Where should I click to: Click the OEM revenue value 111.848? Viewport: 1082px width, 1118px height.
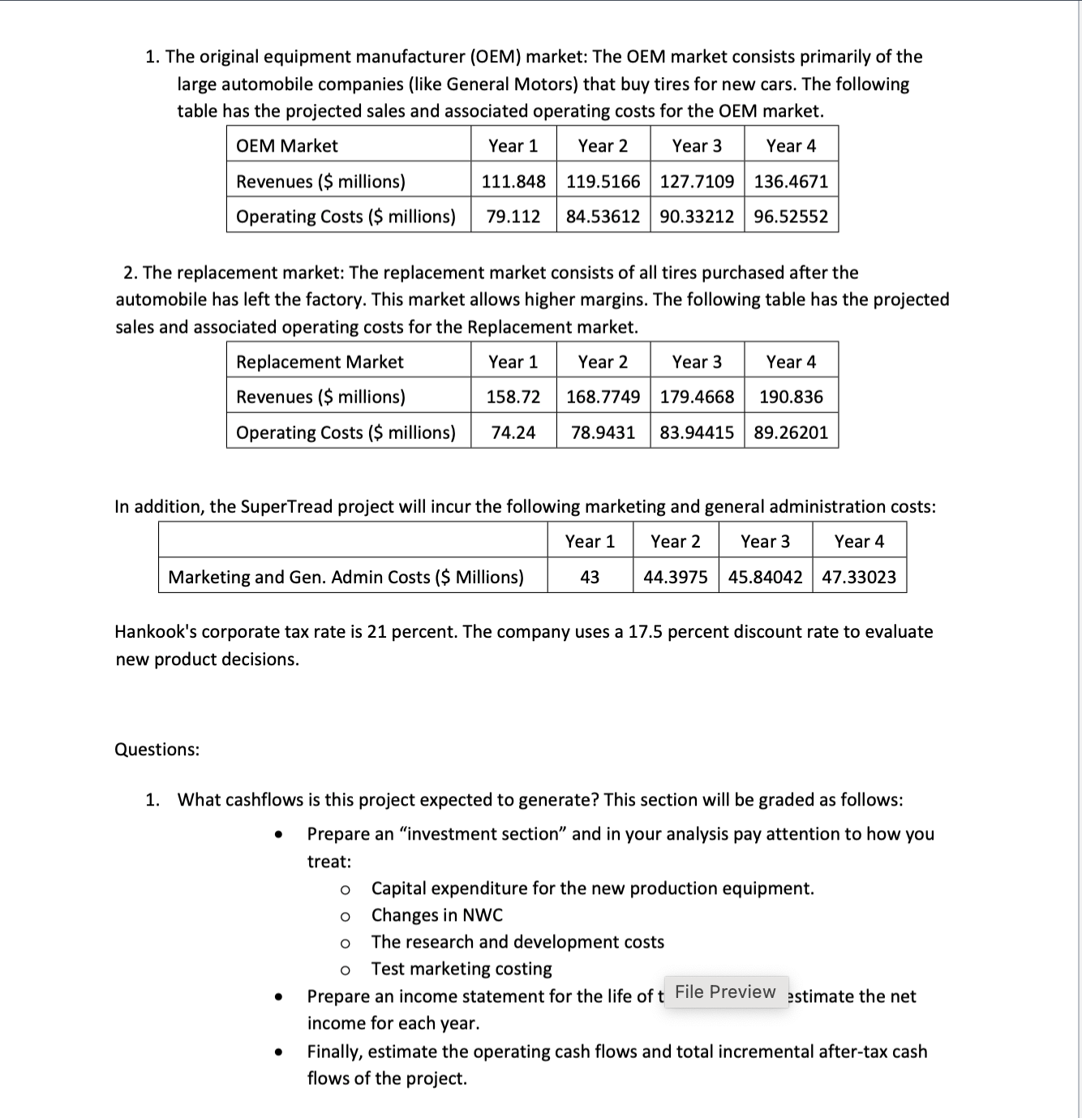tap(513, 181)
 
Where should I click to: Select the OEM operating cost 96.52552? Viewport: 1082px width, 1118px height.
tap(791, 217)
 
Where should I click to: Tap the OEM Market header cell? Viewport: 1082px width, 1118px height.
tap(286, 146)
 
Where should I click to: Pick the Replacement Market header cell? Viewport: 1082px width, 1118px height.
tap(320, 362)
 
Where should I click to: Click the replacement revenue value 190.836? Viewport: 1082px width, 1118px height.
tap(791, 397)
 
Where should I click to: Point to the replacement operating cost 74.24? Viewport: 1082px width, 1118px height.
tap(513, 432)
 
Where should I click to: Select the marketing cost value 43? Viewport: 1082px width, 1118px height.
tap(590, 577)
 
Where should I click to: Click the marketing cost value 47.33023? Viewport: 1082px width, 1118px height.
tap(859, 577)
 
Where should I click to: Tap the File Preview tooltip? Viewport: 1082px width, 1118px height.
tap(725, 991)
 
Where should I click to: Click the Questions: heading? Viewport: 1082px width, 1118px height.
tap(157, 749)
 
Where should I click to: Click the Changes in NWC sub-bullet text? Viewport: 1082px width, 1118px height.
tap(436, 915)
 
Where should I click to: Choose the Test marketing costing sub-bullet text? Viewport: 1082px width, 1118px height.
tap(461, 969)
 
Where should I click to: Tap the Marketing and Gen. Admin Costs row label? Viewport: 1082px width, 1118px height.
tap(346, 577)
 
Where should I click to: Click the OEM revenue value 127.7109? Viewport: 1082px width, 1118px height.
tap(697, 181)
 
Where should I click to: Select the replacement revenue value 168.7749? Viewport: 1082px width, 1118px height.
tap(603, 397)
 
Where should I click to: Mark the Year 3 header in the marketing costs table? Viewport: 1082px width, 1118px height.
tap(765, 541)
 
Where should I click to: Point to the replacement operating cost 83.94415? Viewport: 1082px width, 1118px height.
tap(697, 432)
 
